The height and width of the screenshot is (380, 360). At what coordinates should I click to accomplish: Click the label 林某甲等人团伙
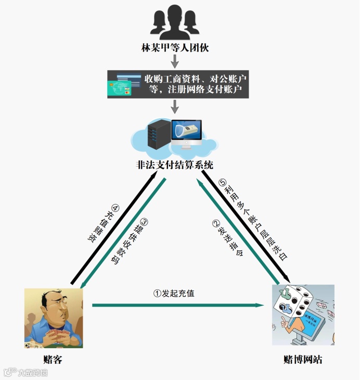(x=175, y=47)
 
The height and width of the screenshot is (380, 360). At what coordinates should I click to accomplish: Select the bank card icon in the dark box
(x=120, y=84)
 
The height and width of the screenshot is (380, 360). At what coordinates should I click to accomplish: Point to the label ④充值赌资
(x=105, y=224)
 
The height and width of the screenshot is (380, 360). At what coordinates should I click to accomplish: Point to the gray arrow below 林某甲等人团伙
(x=175, y=61)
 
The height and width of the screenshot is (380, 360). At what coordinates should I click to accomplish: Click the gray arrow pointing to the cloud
(x=175, y=106)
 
